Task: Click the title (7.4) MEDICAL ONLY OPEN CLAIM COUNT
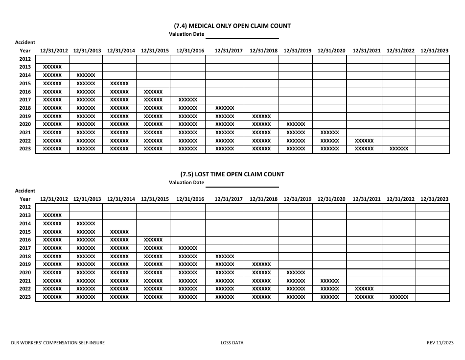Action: [x=232, y=25]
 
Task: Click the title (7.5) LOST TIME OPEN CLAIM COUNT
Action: [x=232, y=174]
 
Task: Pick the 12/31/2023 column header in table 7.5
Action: [x=434, y=199]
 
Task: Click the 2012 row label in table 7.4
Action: [x=25, y=59]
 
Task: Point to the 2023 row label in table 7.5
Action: [x=25, y=297]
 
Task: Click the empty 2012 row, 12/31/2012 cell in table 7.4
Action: [x=52, y=59]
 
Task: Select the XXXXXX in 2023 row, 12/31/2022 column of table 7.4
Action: [x=398, y=149]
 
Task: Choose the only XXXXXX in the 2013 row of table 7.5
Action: [x=52, y=216]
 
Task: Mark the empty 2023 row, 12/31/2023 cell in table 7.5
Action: [x=433, y=297]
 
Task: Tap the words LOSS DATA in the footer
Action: [x=232, y=343]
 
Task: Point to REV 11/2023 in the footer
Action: [x=437, y=343]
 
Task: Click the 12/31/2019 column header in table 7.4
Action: [x=297, y=50]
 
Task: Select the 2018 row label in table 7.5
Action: [x=25, y=256]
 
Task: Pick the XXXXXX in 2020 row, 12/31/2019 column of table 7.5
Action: [x=296, y=273]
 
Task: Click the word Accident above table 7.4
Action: [x=25, y=43]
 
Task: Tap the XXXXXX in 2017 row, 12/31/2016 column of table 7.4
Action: [x=188, y=100]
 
